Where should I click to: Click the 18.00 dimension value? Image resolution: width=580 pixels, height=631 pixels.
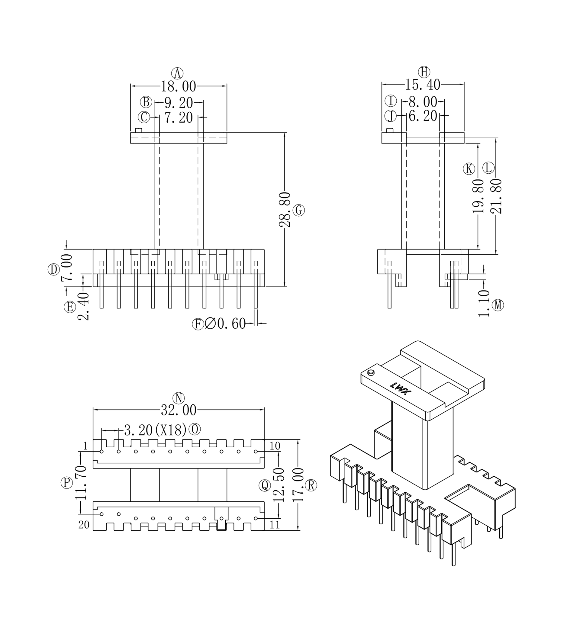tap(178, 86)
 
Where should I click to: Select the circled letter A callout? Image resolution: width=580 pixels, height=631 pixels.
tap(177, 73)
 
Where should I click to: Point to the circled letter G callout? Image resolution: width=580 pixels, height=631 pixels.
tap(299, 210)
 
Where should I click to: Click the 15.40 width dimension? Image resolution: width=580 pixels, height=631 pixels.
tap(423, 85)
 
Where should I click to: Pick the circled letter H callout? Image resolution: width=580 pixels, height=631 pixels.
tap(424, 72)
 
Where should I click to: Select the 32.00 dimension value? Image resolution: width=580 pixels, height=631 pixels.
tap(179, 410)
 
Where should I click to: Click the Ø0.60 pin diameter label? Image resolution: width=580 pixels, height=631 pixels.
tap(225, 324)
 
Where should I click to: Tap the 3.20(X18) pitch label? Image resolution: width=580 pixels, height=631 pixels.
tap(155, 430)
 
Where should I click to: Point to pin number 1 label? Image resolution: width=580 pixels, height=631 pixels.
tap(85, 446)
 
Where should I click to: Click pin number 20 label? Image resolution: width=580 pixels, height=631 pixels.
tap(84, 525)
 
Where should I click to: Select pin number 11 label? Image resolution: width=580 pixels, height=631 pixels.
tap(275, 525)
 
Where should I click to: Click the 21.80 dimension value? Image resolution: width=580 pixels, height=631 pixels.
tap(496, 196)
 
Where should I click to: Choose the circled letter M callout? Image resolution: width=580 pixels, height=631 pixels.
tap(498, 305)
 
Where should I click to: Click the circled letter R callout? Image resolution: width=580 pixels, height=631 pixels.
tap(311, 485)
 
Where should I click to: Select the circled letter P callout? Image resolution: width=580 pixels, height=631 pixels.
tap(66, 483)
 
